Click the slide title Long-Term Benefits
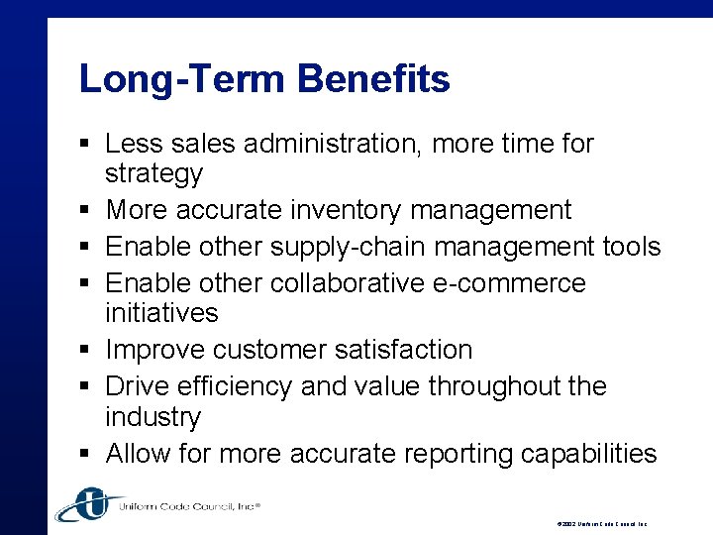pos(264,79)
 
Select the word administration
pos(331,145)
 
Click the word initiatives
pos(161,313)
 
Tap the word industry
pos(153,417)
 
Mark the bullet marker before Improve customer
pos(87,351)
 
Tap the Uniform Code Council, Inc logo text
pos(188,506)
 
